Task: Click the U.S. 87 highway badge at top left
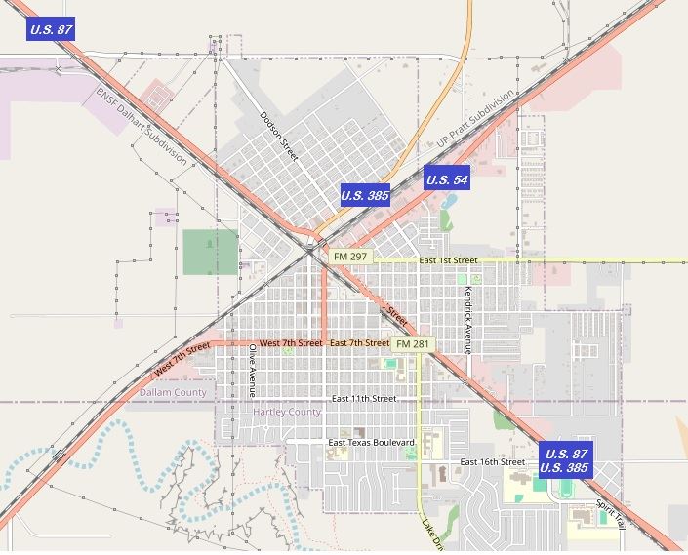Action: click(x=52, y=29)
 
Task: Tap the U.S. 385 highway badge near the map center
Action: click(x=365, y=195)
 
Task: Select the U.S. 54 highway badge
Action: click(x=447, y=179)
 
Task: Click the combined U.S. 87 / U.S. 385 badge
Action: click(x=566, y=460)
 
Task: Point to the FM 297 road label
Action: click(x=349, y=257)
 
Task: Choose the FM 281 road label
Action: click(x=413, y=344)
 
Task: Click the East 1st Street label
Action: click(x=448, y=260)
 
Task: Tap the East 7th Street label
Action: click(x=359, y=343)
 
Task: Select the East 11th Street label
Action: click(x=363, y=399)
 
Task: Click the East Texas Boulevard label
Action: click(x=372, y=443)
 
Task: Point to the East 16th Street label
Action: click(x=493, y=461)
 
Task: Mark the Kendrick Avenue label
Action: click(x=468, y=319)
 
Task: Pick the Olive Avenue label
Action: click(x=252, y=370)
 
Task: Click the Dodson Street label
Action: click(x=278, y=135)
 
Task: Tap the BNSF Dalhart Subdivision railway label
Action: click(x=142, y=128)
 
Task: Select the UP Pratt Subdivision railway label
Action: click(x=474, y=120)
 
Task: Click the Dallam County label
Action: click(x=173, y=392)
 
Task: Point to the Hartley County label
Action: click(x=287, y=413)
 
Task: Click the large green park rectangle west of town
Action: click(x=210, y=252)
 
